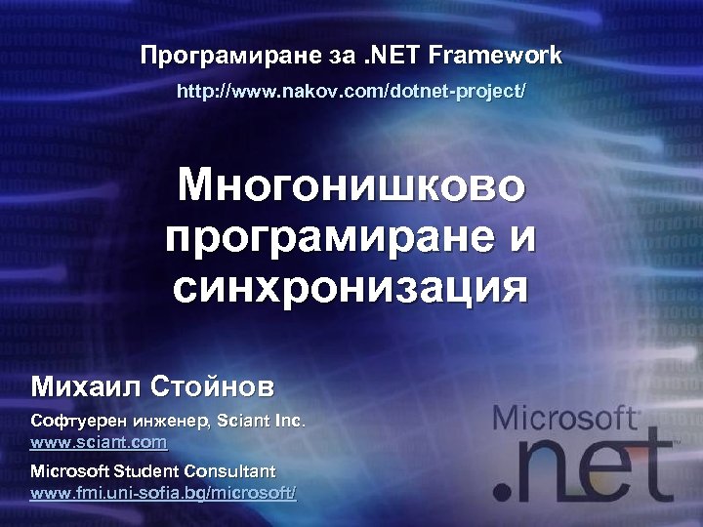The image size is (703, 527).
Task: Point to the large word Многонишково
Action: coord(351,184)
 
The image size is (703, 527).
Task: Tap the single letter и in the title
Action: coord(518,237)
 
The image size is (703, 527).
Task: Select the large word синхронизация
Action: coord(351,289)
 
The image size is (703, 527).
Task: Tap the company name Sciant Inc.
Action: coord(261,424)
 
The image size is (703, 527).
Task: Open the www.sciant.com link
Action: coord(99,443)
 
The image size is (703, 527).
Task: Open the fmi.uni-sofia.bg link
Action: coord(163,493)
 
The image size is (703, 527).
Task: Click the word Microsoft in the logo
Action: coord(565,419)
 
